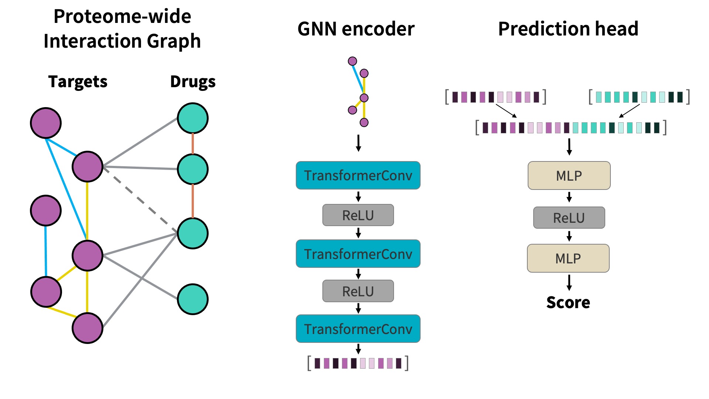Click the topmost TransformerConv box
click(358, 175)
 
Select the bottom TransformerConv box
click(358, 329)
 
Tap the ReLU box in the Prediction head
click(569, 218)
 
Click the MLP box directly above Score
click(568, 258)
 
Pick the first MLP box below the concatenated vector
click(569, 175)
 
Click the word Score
click(568, 303)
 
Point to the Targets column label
click(78, 82)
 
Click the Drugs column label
click(193, 82)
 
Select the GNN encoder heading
click(356, 29)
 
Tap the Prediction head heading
click(568, 29)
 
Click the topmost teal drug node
click(193, 118)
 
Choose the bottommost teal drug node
click(193, 299)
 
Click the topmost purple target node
click(46, 123)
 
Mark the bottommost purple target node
click(88, 328)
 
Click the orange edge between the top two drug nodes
click(193, 144)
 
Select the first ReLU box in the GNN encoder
click(358, 215)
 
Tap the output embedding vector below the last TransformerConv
click(358, 363)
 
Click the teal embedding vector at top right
click(639, 97)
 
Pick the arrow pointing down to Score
click(569, 283)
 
